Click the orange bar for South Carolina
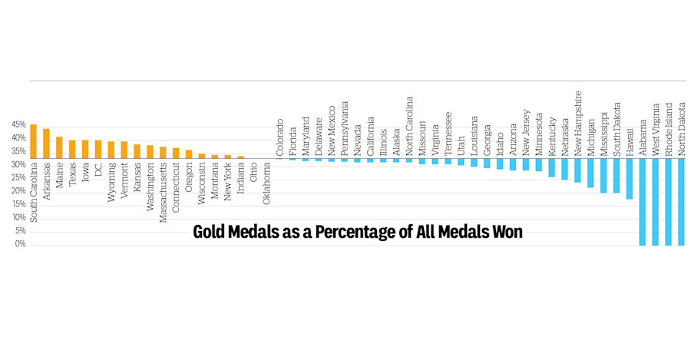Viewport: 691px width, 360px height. pyautogui.click(x=33, y=141)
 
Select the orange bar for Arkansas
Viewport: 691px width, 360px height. pyautogui.click(x=46, y=144)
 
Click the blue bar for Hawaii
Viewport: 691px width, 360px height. pyautogui.click(x=630, y=179)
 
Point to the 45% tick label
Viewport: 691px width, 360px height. pyautogui.click(x=18, y=125)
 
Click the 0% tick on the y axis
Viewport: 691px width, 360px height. pyautogui.click(x=21, y=244)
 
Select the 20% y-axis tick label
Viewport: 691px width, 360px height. pyautogui.click(x=18, y=203)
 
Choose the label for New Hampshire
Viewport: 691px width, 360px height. pyautogui.click(x=578, y=114)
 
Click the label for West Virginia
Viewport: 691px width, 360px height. pyautogui.click(x=656, y=127)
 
